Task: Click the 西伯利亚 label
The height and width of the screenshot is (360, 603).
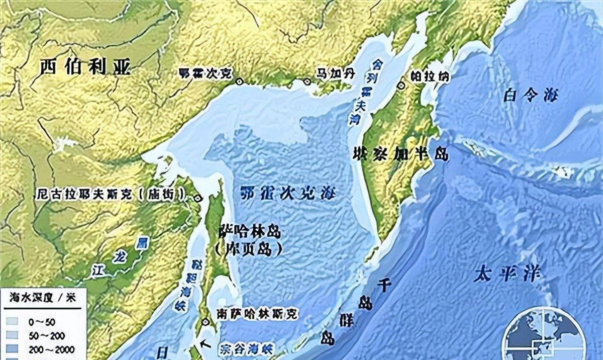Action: tap(80, 66)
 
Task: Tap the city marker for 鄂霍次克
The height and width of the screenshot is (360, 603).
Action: tap(239, 80)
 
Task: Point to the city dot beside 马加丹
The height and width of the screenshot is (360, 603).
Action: tap(308, 81)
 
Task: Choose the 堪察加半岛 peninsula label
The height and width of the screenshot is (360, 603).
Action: tap(400, 154)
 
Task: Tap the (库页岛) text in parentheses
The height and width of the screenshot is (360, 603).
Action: tap(248, 248)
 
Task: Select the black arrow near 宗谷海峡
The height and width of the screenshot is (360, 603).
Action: tap(204, 344)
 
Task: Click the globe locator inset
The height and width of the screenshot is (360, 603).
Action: tap(545, 337)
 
